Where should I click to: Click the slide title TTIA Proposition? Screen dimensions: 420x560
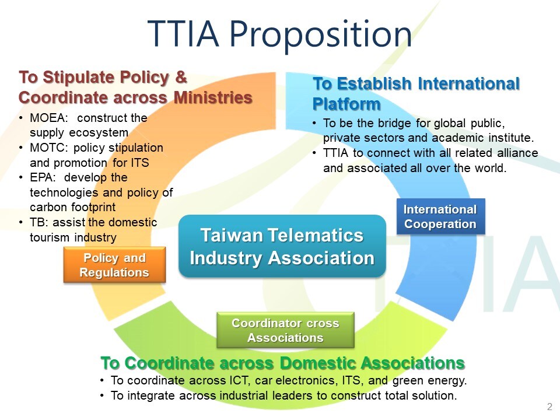(280, 34)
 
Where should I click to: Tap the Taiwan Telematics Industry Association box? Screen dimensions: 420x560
(282, 246)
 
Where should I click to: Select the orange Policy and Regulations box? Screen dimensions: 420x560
(114, 265)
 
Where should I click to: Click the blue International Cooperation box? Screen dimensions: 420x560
(440, 216)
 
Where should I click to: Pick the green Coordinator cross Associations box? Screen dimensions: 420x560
(285, 330)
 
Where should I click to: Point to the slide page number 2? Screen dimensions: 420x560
(549, 407)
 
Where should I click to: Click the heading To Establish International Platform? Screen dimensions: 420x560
(416, 93)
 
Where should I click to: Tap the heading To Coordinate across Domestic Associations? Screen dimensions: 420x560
(283, 363)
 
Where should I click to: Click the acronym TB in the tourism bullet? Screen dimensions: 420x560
(37, 222)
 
